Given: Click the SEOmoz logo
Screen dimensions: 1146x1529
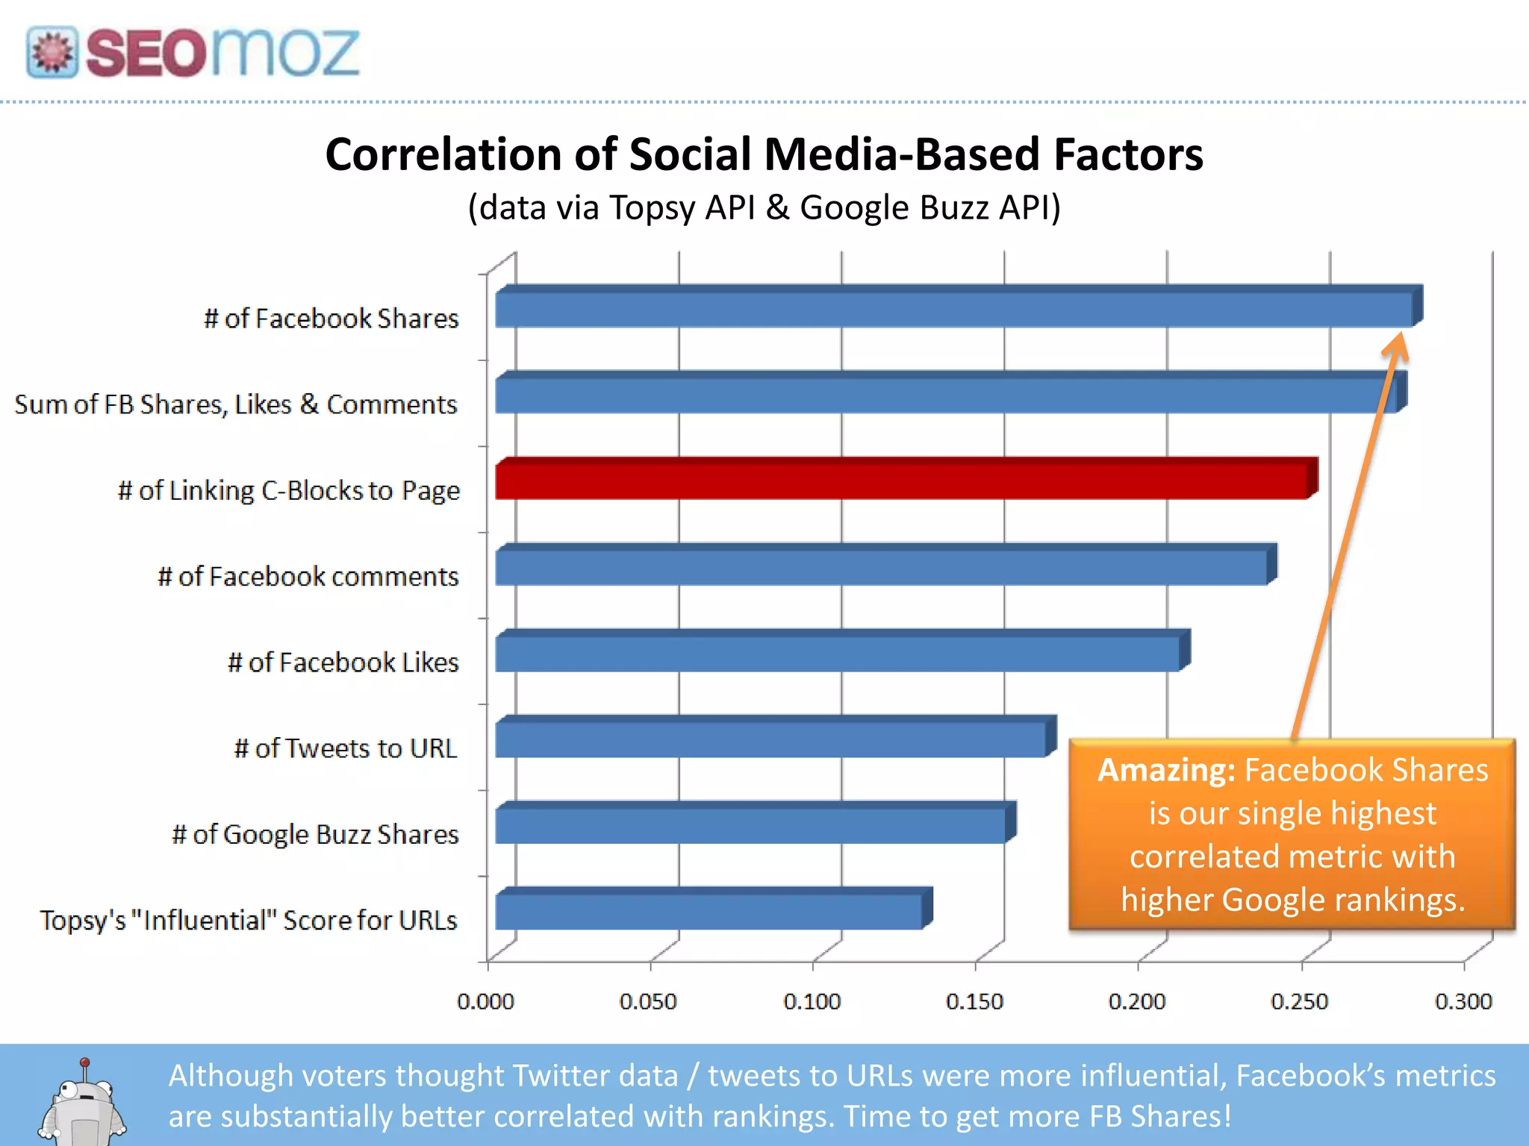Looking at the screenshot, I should [x=193, y=52].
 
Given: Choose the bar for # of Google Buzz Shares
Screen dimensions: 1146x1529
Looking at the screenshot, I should [x=750, y=825].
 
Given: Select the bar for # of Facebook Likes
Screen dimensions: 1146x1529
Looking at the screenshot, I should [x=836, y=654].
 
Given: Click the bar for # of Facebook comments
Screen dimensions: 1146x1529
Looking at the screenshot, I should [x=881, y=567].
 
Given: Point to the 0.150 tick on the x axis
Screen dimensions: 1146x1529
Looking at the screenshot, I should [x=974, y=1001].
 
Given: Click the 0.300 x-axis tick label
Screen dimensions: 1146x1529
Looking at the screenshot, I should [x=1463, y=1001].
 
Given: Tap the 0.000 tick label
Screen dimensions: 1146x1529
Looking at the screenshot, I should [x=485, y=1001].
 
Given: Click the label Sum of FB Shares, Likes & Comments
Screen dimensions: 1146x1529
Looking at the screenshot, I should [x=236, y=404].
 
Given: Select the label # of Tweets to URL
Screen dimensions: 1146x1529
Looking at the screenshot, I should [x=345, y=748].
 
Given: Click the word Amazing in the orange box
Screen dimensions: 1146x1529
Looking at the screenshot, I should [x=1165, y=770].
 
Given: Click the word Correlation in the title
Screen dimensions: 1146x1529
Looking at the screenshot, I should [x=443, y=154].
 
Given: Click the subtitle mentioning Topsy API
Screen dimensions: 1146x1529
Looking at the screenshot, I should [x=764, y=207].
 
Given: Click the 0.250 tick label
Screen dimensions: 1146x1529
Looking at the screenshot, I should [x=1300, y=1001].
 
